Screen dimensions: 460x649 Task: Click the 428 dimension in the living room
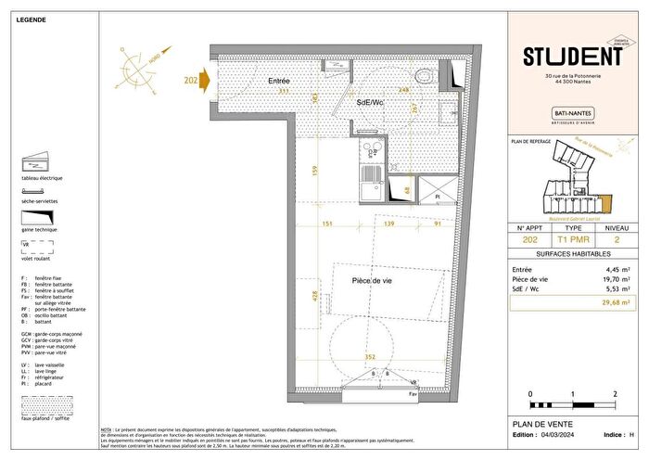317,296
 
